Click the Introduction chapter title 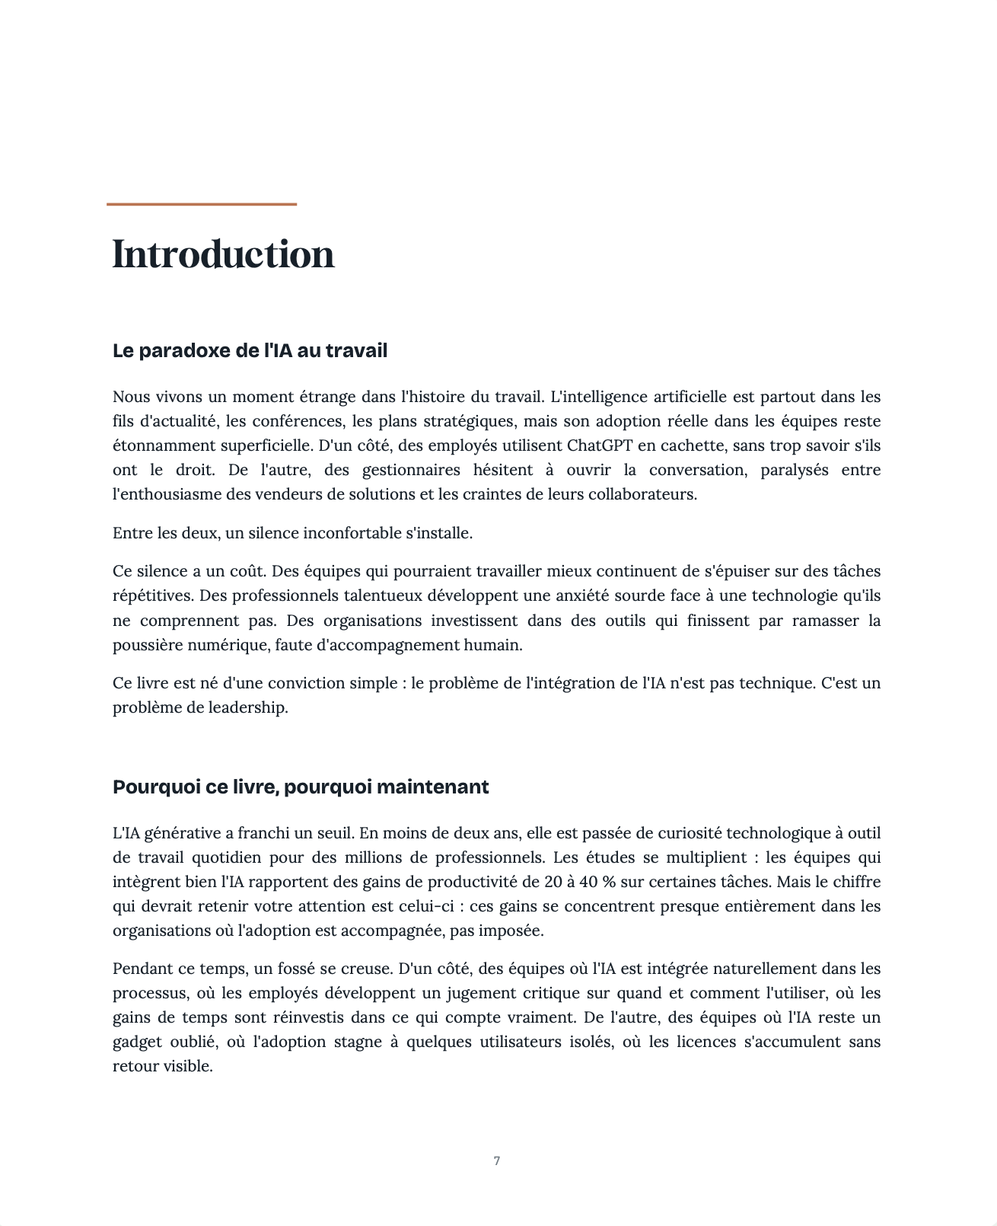(x=223, y=254)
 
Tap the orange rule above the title (x=201, y=204)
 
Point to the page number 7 (x=497, y=1161)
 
